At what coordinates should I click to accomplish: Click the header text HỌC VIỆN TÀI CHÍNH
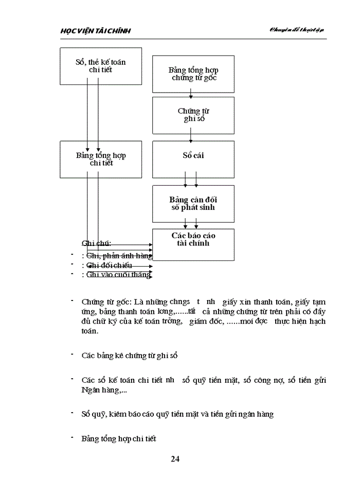pos(96,31)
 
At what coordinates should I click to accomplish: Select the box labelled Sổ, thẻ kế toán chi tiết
pos(101,66)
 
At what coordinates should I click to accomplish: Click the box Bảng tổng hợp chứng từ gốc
pos(193,74)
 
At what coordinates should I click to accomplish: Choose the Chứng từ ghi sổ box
pos(193,115)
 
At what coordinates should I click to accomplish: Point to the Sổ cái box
pos(193,155)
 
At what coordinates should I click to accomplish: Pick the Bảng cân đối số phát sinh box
pos(193,203)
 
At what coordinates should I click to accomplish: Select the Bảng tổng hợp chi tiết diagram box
pos(101,159)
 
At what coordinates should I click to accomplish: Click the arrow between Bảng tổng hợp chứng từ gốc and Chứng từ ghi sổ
pos(191,95)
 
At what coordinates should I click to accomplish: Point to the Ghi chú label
pos(97,243)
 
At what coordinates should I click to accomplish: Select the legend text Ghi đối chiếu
pos(110,266)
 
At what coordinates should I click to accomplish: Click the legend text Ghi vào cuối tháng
pos(119,275)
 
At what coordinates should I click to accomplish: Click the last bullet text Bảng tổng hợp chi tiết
pos(119,439)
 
